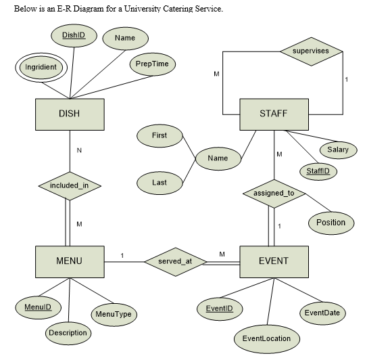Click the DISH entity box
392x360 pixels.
coord(69,114)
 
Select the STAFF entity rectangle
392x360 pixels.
coord(273,114)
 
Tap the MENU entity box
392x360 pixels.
coord(69,261)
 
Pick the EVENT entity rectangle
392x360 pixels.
coord(273,261)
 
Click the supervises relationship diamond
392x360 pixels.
coord(310,51)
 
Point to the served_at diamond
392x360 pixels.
coord(172,261)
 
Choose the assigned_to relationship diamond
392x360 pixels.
coord(273,194)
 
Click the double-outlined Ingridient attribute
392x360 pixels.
coord(41,68)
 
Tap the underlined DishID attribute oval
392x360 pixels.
coord(74,35)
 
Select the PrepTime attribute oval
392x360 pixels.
coord(152,64)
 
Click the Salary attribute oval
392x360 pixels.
coord(337,150)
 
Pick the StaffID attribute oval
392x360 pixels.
coord(317,171)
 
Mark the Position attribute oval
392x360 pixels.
coord(330,222)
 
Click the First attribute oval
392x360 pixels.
coord(159,135)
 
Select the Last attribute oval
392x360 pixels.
coord(159,183)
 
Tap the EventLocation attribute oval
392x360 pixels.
coord(266,338)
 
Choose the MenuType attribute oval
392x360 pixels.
coord(113,315)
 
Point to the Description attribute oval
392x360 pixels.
coord(68,333)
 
